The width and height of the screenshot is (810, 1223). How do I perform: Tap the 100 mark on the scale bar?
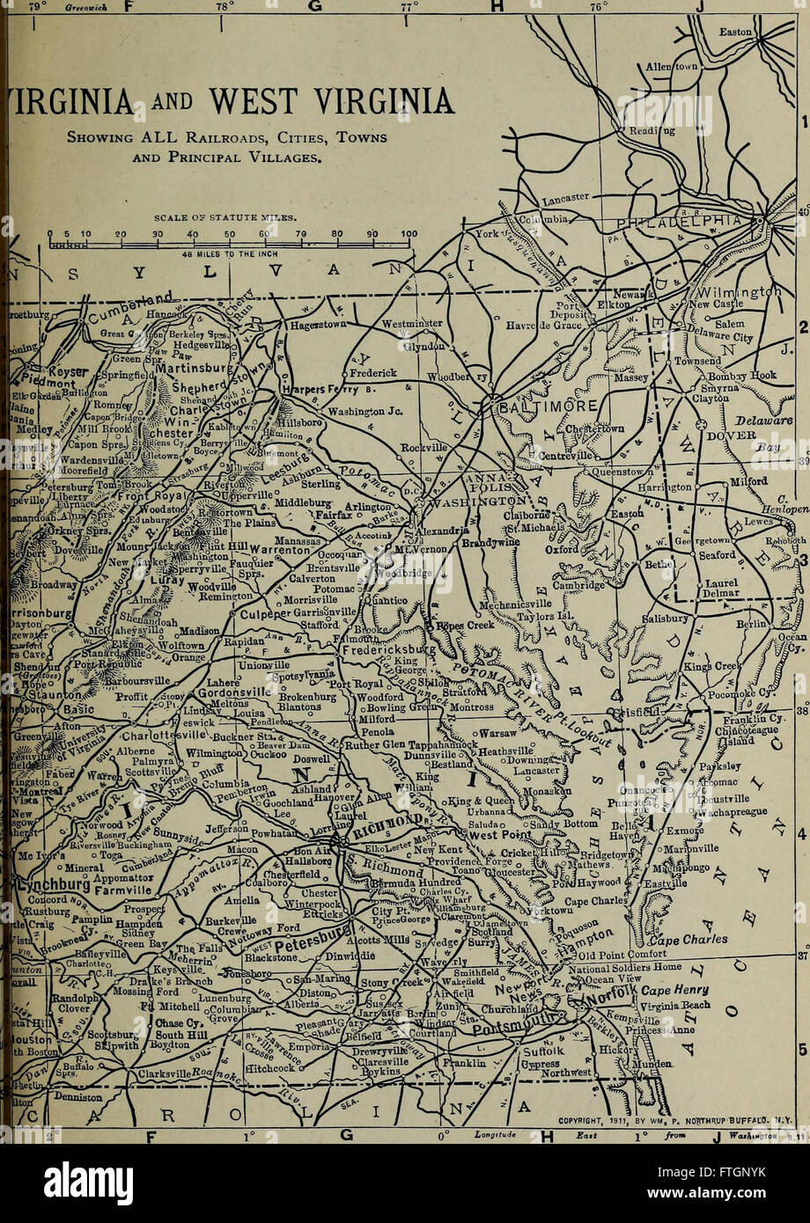(x=407, y=234)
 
